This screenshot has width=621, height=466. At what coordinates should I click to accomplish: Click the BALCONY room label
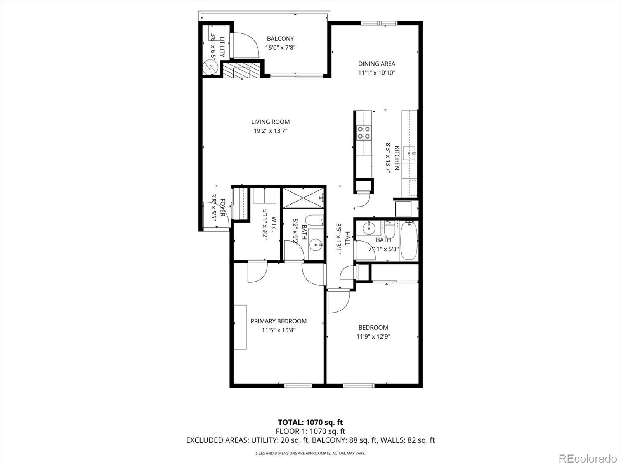pyautogui.click(x=280, y=38)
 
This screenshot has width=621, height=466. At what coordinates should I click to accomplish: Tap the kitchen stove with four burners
pyautogui.click(x=364, y=132)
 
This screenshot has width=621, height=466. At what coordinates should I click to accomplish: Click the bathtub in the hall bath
pyautogui.click(x=408, y=241)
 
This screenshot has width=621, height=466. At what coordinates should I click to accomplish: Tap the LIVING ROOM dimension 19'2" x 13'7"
pyautogui.click(x=271, y=131)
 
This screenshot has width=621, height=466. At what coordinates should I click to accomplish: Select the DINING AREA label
pyautogui.click(x=376, y=64)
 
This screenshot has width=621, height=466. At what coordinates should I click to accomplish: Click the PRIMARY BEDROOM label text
pyautogui.click(x=278, y=321)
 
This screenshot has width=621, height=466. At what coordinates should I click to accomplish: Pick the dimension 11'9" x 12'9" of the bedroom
pyautogui.click(x=373, y=337)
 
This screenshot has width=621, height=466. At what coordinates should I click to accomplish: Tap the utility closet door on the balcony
pyautogui.click(x=245, y=45)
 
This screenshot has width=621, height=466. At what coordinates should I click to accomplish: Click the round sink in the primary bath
pyautogui.click(x=316, y=245)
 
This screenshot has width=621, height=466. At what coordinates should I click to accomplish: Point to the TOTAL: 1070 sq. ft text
pyautogui.click(x=310, y=422)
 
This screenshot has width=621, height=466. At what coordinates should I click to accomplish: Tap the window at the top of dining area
pyautogui.click(x=379, y=23)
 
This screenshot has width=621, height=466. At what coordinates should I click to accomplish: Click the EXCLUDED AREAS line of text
pyautogui.click(x=310, y=440)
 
